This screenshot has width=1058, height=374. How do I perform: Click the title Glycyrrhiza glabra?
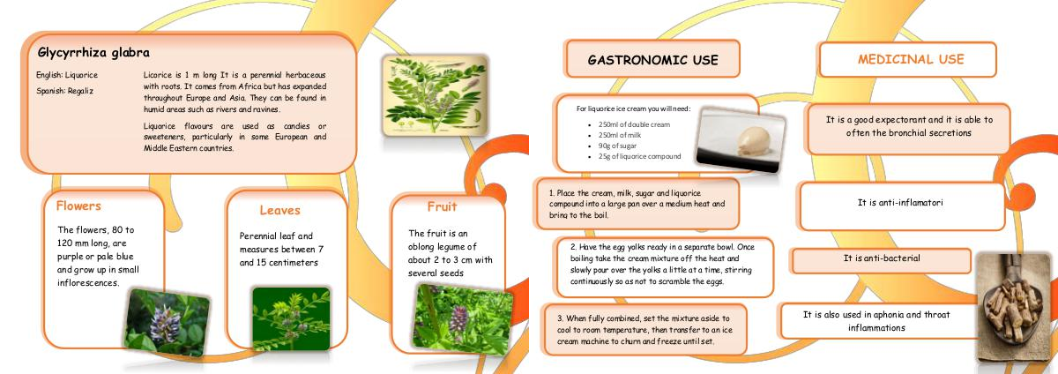click(x=93, y=53)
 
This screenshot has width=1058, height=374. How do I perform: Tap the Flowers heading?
click(x=78, y=206)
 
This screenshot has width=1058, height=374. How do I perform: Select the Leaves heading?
click(x=279, y=211)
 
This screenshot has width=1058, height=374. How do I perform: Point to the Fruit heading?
click(x=442, y=206)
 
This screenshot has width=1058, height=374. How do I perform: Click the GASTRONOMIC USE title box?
click(x=652, y=59)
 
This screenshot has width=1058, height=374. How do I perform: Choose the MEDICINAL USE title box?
click(x=908, y=59)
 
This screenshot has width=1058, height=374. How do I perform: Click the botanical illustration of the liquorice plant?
click(x=435, y=96)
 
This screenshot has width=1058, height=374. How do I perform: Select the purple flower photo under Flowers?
click(x=167, y=322)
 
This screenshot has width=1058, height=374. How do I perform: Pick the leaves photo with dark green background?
click(x=291, y=318)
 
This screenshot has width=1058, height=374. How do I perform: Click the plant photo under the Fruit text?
click(x=462, y=318)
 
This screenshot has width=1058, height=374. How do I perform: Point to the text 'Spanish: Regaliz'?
click(x=64, y=91)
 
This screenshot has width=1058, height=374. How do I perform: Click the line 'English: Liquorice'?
click(x=67, y=75)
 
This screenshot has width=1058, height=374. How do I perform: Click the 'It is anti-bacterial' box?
click(x=882, y=260)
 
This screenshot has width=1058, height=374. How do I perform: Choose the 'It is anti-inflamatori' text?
click(x=900, y=202)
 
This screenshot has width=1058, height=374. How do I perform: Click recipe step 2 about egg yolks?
click(x=662, y=264)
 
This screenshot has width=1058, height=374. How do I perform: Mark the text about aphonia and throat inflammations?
click(x=876, y=321)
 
